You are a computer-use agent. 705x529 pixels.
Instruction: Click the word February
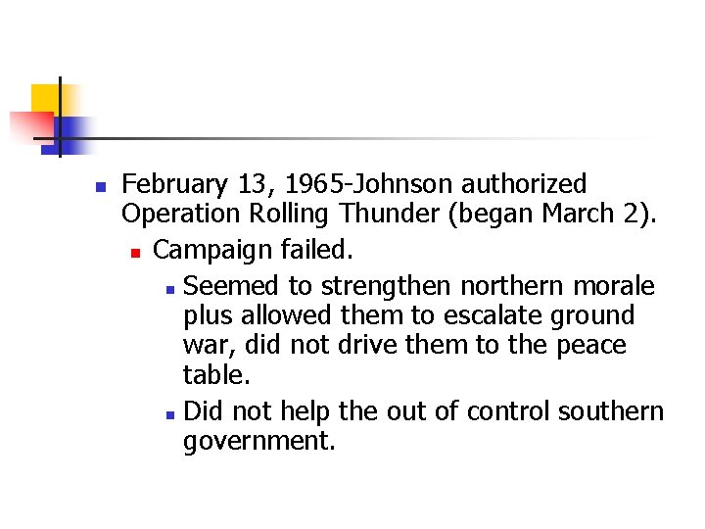point(173,184)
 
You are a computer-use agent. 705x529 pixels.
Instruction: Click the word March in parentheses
point(587,214)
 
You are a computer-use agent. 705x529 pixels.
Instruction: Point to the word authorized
point(524,184)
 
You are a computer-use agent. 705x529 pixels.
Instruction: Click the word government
point(258,441)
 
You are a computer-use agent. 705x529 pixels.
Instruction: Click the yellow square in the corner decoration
point(44,98)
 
